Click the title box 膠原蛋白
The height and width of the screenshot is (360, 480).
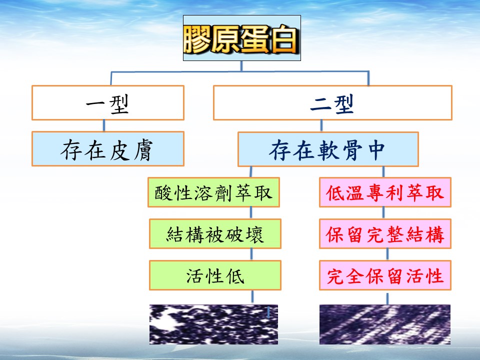point(242,38)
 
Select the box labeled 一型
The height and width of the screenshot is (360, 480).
point(108,103)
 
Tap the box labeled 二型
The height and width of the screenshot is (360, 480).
point(332,103)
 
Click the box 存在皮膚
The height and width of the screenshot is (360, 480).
point(108,149)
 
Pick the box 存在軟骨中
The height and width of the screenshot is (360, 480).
point(328,149)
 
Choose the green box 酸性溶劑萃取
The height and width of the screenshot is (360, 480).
point(213,192)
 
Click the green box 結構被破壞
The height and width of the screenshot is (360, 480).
point(215,234)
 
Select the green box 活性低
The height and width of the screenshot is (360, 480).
point(215,275)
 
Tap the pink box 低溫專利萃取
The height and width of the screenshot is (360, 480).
point(385,192)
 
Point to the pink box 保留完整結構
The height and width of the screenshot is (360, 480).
point(385,234)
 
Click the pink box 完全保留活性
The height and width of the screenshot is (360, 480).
point(385,275)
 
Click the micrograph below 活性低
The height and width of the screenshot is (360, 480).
point(213,324)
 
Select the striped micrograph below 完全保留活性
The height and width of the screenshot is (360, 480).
point(385,324)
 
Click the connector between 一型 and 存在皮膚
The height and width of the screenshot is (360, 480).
point(104,126)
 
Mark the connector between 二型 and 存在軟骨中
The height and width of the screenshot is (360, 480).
point(321,126)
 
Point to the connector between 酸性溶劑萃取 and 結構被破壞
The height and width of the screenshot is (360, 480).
point(251,213)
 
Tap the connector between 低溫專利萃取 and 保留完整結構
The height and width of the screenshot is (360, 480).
point(383,213)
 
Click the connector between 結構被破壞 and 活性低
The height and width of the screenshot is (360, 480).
point(251,254)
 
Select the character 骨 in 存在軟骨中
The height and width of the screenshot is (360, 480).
point(352,149)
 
